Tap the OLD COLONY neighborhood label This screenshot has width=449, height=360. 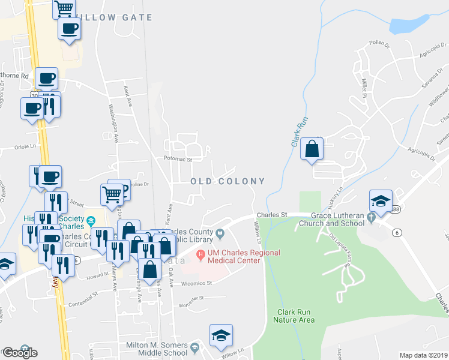(228, 181)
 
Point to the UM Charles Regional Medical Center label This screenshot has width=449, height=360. (243, 256)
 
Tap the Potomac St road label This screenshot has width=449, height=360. (177, 160)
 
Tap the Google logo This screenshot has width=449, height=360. (19, 353)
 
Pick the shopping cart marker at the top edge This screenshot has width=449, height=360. (64, 8)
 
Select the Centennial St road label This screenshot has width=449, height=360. (82, 296)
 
